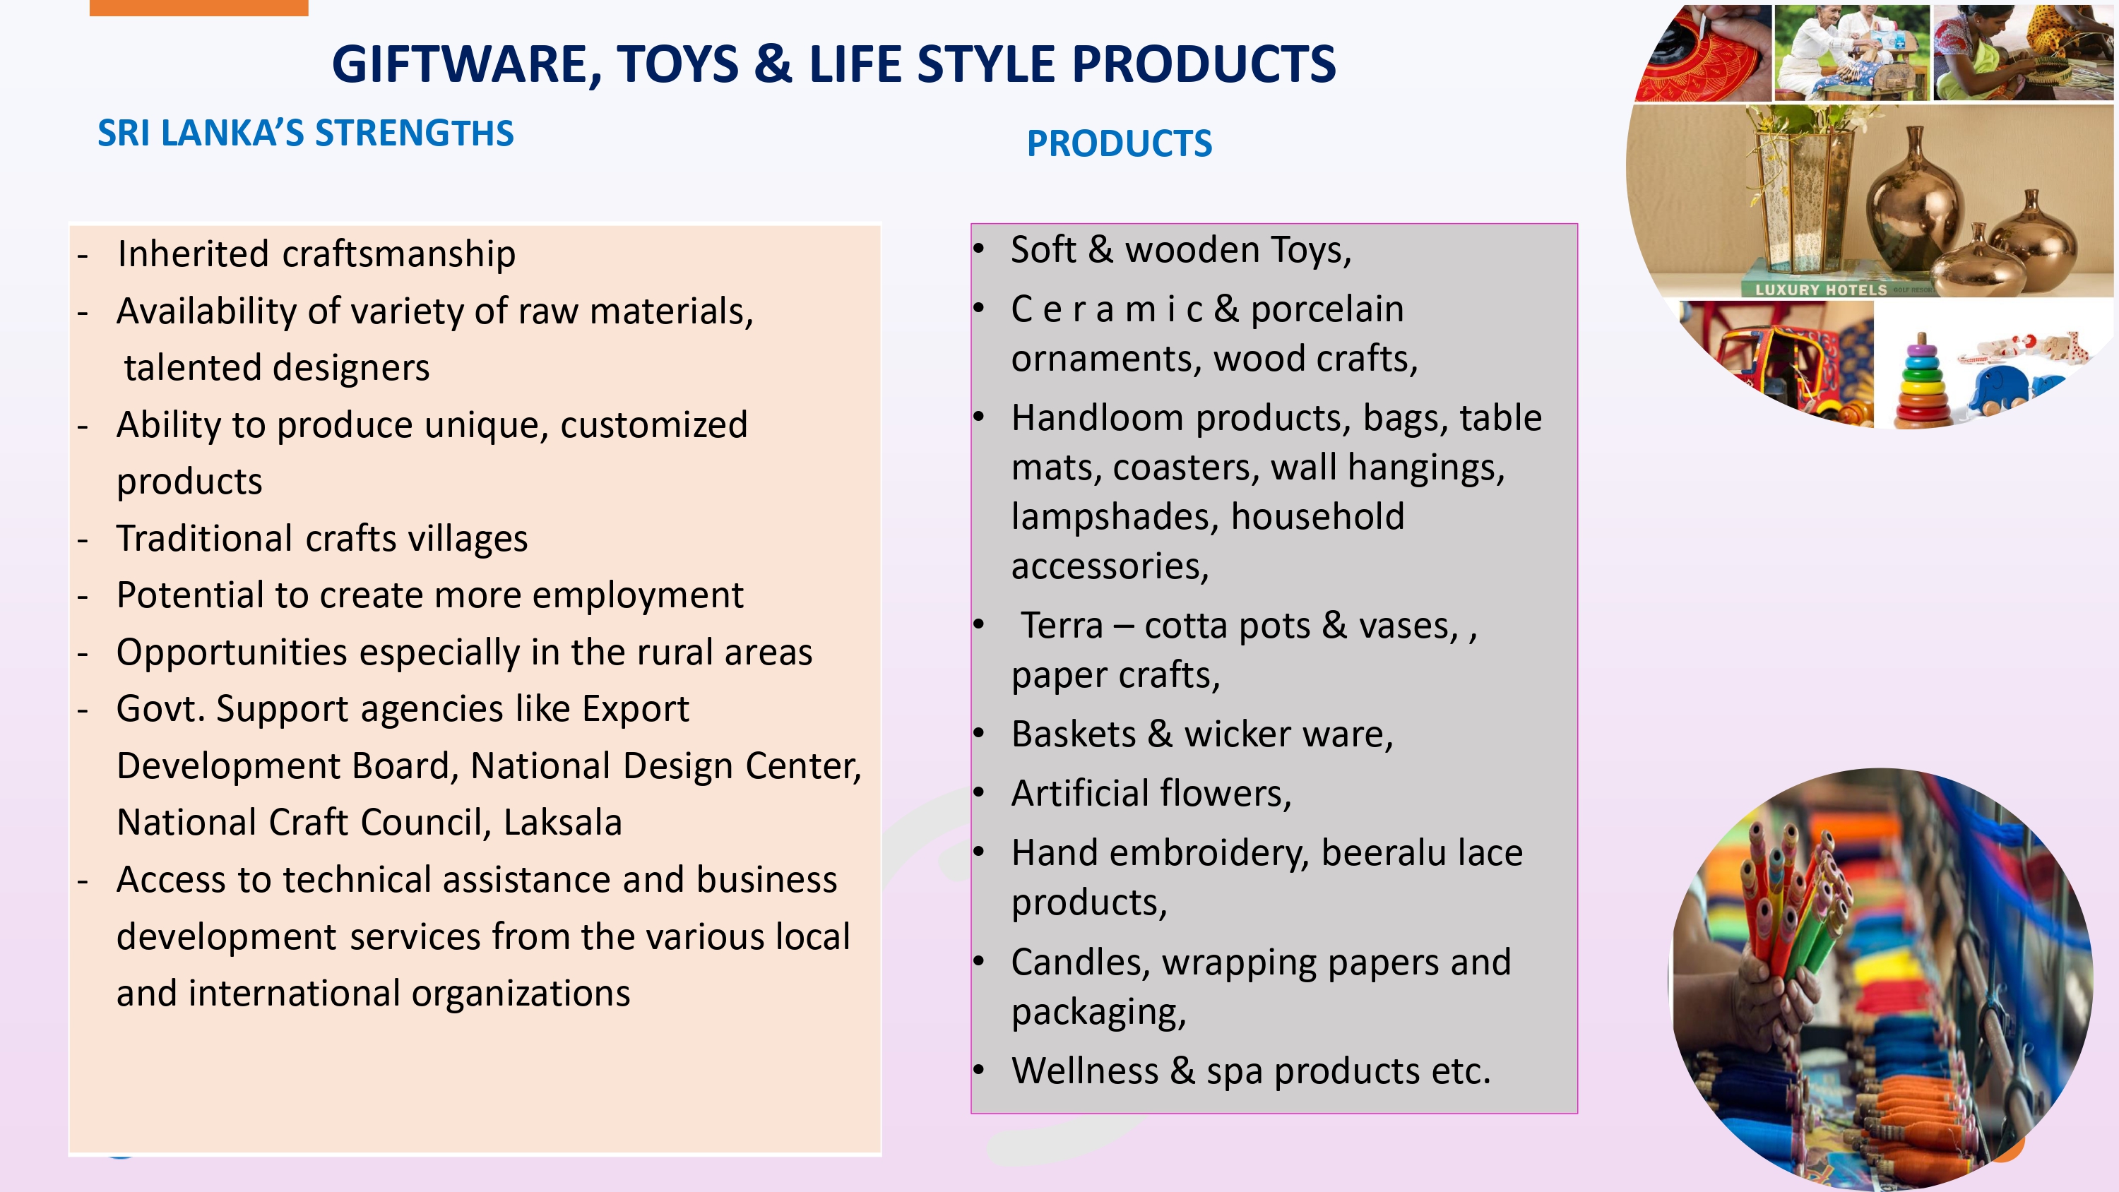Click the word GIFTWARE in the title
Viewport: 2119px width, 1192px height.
click(x=466, y=65)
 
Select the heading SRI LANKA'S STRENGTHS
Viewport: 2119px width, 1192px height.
click(x=305, y=133)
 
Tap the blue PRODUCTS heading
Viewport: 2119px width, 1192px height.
click(x=1119, y=144)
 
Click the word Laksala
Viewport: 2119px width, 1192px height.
click(x=563, y=823)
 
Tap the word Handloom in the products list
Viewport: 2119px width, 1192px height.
click(x=1099, y=418)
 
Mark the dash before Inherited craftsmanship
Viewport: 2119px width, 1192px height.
click(x=82, y=256)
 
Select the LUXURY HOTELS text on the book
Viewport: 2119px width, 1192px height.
click(x=1821, y=290)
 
